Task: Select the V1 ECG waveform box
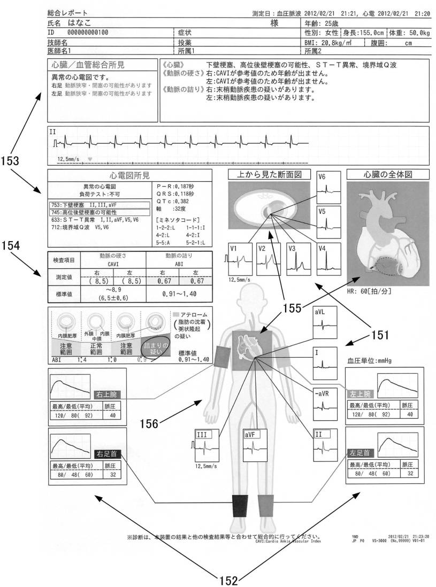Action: [x=239, y=258]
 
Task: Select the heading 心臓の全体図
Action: [x=388, y=174]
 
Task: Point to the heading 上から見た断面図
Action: [x=269, y=174]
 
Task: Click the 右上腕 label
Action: [x=105, y=396]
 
